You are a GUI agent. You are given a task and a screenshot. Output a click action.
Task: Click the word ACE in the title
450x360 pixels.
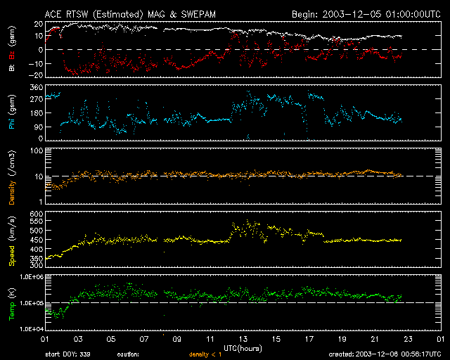[x=54, y=13]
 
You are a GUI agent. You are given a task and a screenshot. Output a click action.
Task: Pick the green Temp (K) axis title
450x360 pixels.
[x=11, y=303]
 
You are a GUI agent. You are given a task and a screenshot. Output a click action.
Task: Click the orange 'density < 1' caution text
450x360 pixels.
[x=210, y=354]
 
